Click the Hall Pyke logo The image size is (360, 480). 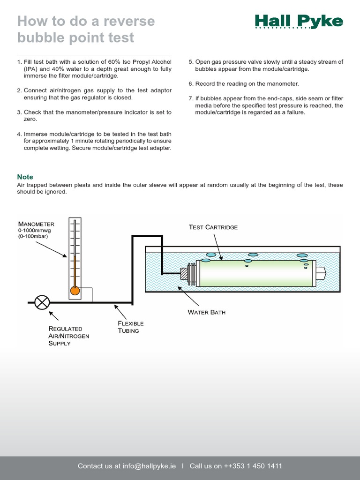tap(299, 22)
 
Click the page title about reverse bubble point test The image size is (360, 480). tap(86, 29)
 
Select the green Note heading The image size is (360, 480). tap(25, 177)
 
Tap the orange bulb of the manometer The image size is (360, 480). tap(75, 291)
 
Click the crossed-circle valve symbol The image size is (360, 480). tap(42, 302)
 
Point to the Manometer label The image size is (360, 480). tap(36, 224)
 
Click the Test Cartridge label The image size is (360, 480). tap(213, 227)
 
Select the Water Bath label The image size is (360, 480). tap(206, 312)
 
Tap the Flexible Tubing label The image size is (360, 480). tap(130, 327)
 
